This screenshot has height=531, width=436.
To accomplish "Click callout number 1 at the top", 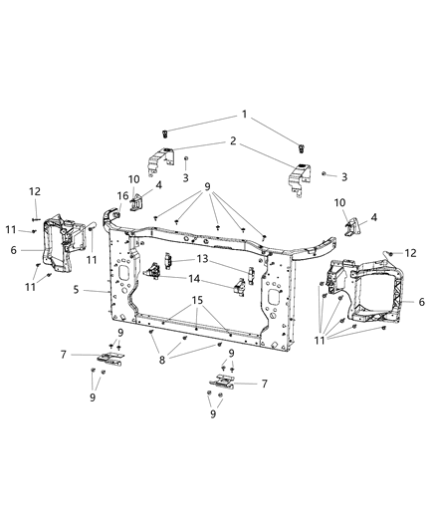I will [245, 116].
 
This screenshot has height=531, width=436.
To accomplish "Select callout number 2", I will [232, 142].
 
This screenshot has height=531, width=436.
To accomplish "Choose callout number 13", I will [202, 258].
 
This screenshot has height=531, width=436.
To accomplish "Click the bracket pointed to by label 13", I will [168, 261].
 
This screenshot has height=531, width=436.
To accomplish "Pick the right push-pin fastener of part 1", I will [301, 149].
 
